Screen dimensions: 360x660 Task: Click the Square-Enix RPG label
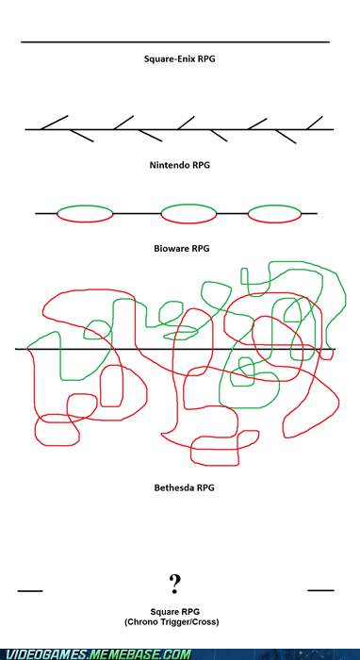pyautogui.click(x=180, y=58)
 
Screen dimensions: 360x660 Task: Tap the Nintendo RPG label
pyautogui.click(x=180, y=165)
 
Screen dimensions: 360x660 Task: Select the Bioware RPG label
pyautogui.click(x=182, y=248)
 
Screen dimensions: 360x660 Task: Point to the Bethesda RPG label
pyautogui.click(x=184, y=487)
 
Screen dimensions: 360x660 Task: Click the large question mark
pyautogui.click(x=175, y=584)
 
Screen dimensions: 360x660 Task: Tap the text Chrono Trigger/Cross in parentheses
pyautogui.click(x=172, y=622)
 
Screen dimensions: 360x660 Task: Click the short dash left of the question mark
pyautogui.click(x=30, y=591)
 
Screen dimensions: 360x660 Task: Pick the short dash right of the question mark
pyautogui.click(x=320, y=590)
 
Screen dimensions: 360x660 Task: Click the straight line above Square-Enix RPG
pyautogui.click(x=175, y=42)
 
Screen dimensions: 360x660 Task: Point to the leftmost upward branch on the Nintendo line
pyautogui.click(x=55, y=122)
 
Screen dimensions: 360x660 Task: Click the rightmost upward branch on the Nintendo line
pyautogui.click(x=315, y=123)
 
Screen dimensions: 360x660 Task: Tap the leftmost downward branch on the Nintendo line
pyautogui.click(x=81, y=136)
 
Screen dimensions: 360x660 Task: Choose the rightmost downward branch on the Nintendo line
pyautogui.click(x=286, y=137)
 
